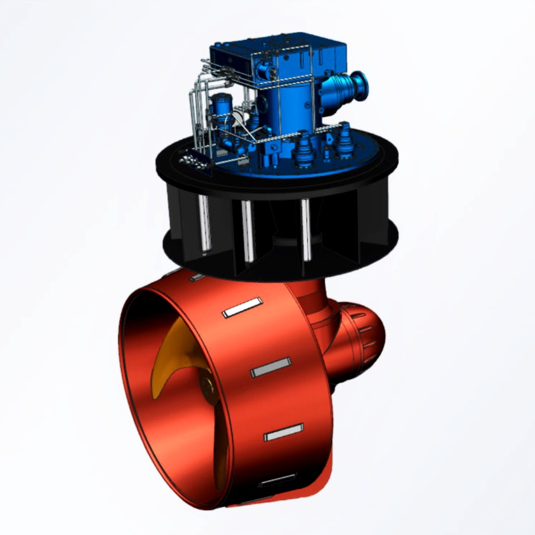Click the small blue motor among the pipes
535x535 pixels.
click(x=221, y=107)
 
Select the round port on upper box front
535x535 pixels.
click(x=262, y=70)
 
